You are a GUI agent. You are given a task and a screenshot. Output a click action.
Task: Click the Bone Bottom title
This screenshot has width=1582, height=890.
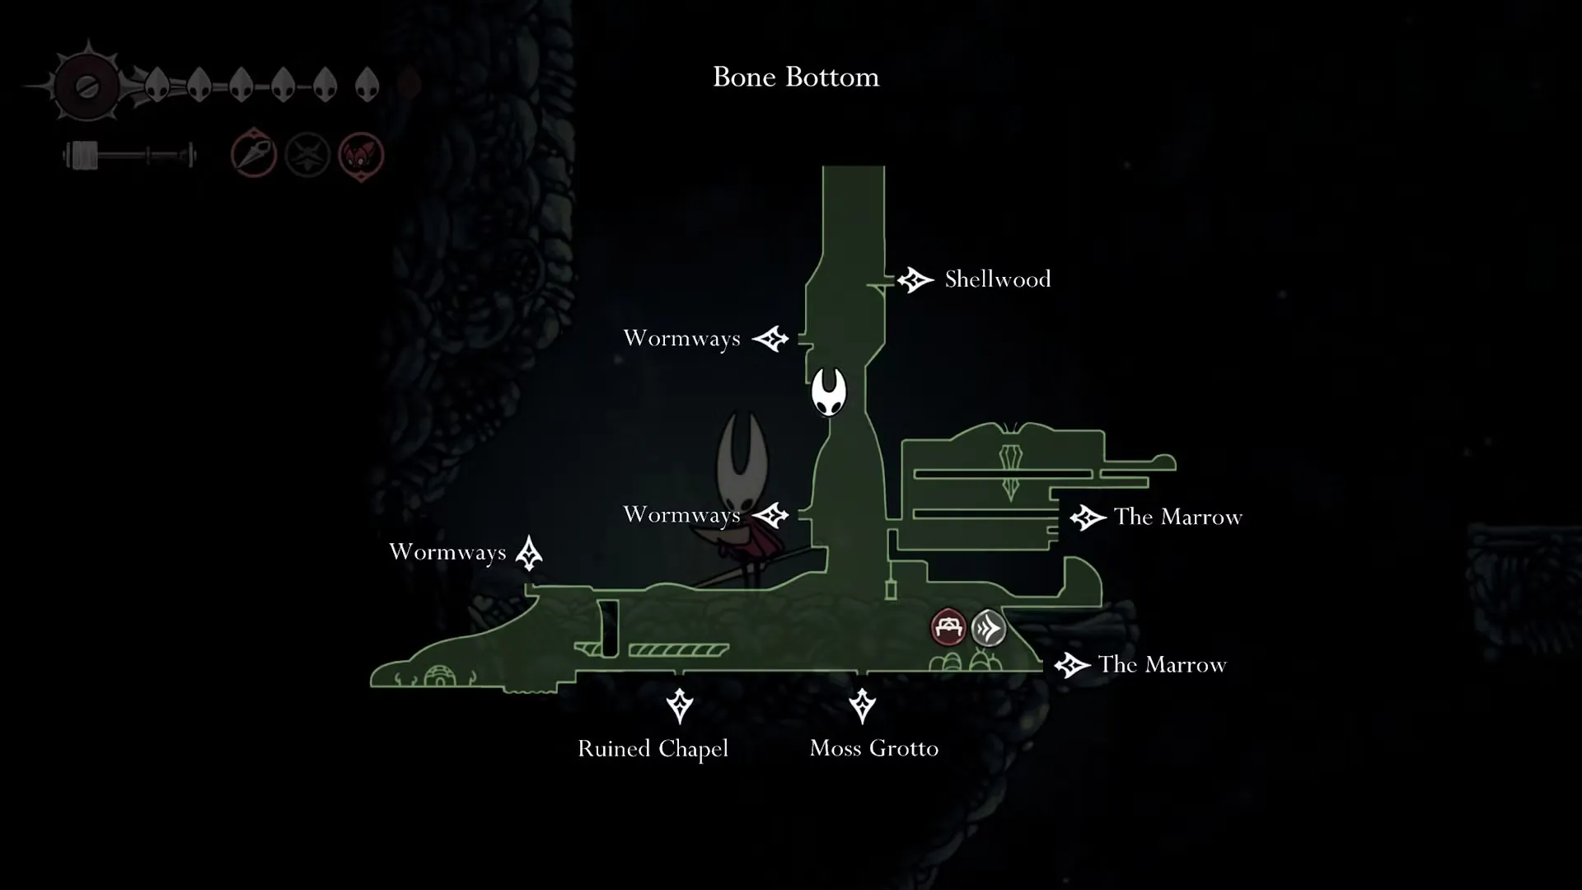tap(796, 77)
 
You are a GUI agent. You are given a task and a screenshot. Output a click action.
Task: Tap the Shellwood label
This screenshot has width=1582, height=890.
tap(998, 279)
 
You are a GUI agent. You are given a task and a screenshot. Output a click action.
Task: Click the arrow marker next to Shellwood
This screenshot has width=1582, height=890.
tap(915, 280)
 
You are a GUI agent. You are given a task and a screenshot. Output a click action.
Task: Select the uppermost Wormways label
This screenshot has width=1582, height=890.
tap(681, 339)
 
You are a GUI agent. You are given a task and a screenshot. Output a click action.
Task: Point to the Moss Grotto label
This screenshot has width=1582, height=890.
tap(874, 748)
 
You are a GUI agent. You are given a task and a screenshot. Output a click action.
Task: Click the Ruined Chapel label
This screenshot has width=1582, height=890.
tap(653, 749)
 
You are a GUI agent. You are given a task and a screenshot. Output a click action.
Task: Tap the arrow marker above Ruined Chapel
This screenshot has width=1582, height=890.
tap(680, 706)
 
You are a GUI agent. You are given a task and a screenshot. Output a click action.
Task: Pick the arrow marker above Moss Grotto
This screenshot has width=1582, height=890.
tap(863, 706)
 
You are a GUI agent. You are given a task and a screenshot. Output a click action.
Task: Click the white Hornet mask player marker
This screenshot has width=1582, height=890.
tap(828, 391)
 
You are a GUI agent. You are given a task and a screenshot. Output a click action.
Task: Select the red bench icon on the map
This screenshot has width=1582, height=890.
tap(948, 628)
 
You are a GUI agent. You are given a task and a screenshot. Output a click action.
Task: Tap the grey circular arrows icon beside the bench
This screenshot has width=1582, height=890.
tap(989, 628)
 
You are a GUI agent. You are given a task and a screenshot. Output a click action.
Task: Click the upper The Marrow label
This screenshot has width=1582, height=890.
tap(1178, 518)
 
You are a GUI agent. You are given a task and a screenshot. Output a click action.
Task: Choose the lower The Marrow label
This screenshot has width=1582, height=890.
tap(1163, 665)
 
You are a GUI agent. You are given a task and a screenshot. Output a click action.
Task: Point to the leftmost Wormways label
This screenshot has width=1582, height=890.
tap(447, 552)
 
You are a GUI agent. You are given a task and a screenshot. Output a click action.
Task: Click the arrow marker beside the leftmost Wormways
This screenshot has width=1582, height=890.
tap(529, 553)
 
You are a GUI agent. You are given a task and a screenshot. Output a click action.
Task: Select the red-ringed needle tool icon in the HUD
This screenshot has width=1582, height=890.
tap(254, 153)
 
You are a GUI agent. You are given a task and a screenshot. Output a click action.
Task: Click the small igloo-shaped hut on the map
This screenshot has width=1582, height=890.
tap(439, 676)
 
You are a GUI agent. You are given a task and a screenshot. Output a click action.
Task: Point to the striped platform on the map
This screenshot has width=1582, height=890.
tap(678, 650)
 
